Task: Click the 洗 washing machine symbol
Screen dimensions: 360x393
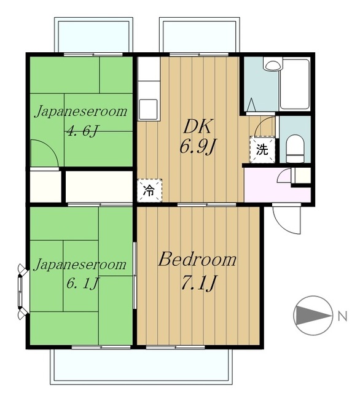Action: (262, 150)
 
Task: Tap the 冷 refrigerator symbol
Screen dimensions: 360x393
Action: (149, 190)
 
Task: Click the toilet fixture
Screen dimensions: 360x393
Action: (295, 149)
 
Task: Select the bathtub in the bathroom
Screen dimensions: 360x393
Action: (294, 84)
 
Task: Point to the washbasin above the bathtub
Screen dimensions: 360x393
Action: (273, 64)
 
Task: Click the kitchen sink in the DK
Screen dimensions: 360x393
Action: (149, 109)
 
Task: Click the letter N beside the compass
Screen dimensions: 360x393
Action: (342, 316)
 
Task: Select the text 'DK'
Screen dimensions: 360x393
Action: (198, 127)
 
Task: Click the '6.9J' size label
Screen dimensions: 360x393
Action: (197, 147)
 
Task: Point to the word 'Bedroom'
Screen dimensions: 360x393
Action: (197, 260)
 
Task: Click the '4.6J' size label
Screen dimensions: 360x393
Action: (82, 131)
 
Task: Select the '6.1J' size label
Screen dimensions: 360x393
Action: (82, 283)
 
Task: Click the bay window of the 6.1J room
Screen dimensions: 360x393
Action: (23, 290)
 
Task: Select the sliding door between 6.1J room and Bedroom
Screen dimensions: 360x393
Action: (135, 275)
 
